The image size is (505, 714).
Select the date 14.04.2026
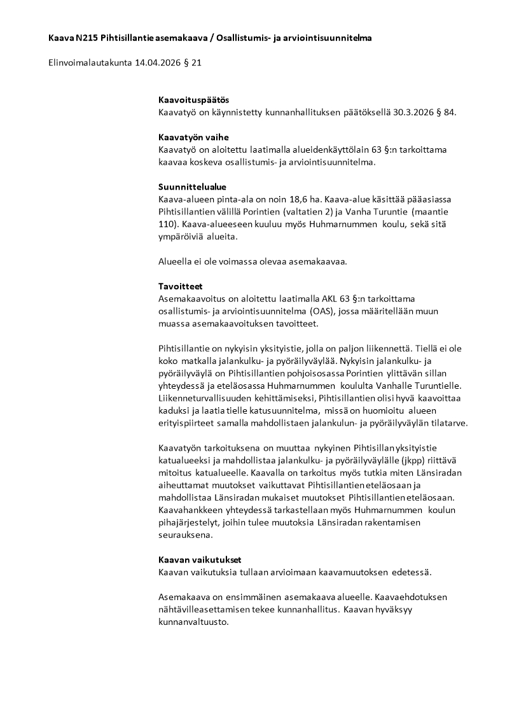tap(160, 63)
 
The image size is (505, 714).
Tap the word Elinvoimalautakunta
tap(90, 63)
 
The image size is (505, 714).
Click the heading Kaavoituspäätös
tap(193, 100)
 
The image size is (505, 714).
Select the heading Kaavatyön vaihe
tap(193, 137)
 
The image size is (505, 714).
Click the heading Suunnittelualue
tap(192, 186)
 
